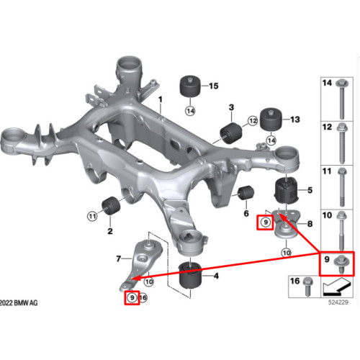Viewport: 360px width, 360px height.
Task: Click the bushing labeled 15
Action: pyautogui.click(x=190, y=86)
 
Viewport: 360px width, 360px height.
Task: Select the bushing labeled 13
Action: pyautogui.click(x=271, y=120)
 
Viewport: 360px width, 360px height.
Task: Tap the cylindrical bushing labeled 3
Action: pyautogui.click(x=231, y=133)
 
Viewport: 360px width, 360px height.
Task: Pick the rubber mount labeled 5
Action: pyautogui.click(x=286, y=191)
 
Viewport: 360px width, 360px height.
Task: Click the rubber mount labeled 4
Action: pyautogui.click(x=191, y=275)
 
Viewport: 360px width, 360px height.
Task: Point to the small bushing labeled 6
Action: pyautogui.click(x=246, y=192)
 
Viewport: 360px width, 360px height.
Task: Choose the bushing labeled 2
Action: pyautogui.click(x=111, y=206)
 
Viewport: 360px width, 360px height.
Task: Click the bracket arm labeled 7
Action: pyautogui.click(x=140, y=264)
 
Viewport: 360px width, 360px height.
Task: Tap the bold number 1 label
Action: pyautogui.click(x=161, y=99)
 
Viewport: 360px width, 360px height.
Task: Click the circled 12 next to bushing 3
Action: pyautogui.click(x=253, y=121)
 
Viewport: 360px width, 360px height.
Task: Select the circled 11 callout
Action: pyautogui.click(x=92, y=217)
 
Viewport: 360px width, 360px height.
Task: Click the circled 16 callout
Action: pyautogui.click(x=143, y=298)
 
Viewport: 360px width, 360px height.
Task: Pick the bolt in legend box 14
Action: pyautogui.click(x=342, y=99)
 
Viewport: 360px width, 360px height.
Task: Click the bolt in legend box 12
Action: pyautogui.click(x=342, y=143)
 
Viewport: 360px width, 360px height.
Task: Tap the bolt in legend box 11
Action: pyautogui.click(x=342, y=187)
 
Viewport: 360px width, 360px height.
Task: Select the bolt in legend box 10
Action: pyautogui.click(x=341, y=230)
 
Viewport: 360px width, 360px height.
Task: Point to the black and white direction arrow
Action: pyautogui.click(x=336, y=287)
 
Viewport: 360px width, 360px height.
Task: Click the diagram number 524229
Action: pyautogui.click(x=338, y=302)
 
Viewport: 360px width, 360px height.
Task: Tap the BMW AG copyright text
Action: pyautogui.click(x=19, y=303)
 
